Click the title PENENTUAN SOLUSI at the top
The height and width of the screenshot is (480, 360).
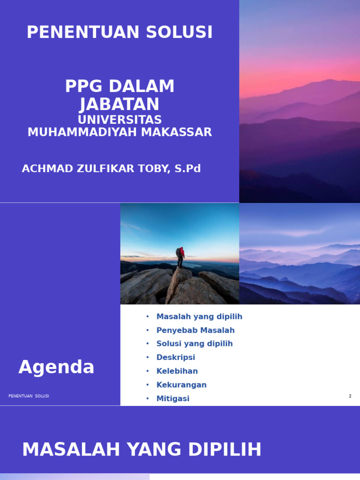click(x=120, y=32)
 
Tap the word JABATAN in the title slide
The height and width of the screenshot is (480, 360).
click(x=120, y=104)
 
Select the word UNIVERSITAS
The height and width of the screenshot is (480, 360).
click(x=120, y=120)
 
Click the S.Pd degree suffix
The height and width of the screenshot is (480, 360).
click(x=187, y=169)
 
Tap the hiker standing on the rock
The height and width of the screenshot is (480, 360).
click(x=180, y=257)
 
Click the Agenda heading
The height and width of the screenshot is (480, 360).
click(x=56, y=367)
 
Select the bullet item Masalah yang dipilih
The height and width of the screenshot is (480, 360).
click(x=199, y=317)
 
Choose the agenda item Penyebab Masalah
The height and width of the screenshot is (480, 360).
click(x=195, y=330)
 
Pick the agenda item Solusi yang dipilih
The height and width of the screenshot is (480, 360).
click(x=195, y=344)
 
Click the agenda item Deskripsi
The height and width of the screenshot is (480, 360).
click(x=176, y=358)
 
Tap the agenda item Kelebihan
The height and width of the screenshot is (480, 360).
click(x=177, y=371)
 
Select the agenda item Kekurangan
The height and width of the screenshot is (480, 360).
click(x=181, y=385)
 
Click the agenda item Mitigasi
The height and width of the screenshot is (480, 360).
click(x=173, y=398)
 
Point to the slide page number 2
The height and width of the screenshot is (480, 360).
click(x=350, y=396)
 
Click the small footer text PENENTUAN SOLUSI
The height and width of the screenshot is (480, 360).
click(x=29, y=396)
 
